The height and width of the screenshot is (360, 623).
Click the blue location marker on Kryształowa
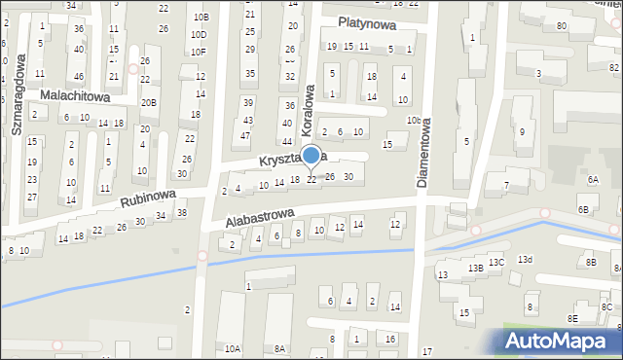tap(311, 156)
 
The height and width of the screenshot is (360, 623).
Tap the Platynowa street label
tap(367, 23)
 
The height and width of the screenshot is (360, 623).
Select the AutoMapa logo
tap(562, 341)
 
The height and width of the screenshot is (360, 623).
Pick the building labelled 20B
tap(148, 102)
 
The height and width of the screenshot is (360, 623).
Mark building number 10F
tap(199, 53)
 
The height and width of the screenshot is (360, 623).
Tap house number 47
tap(245, 135)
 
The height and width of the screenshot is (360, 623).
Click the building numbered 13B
tap(475, 268)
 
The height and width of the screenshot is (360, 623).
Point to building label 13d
tap(525, 259)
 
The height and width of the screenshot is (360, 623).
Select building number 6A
tap(593, 179)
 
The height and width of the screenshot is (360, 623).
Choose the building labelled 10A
tap(232, 348)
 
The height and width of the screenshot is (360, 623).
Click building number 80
tap(562, 25)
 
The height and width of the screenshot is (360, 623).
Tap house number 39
tap(248, 103)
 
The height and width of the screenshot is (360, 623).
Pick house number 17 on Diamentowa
tap(426, 350)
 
